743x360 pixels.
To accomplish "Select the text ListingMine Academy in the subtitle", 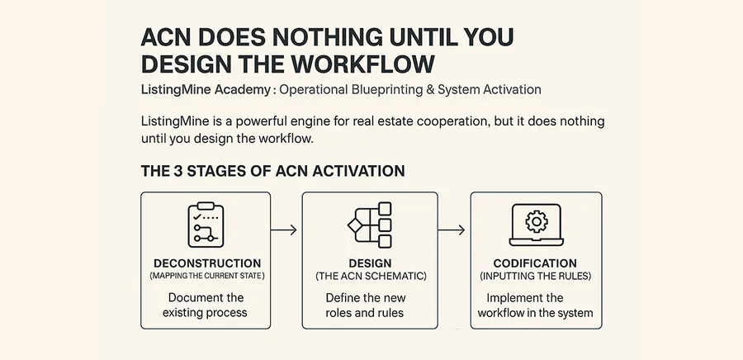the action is click(206, 89).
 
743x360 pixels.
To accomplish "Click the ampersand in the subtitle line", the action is click(430, 89).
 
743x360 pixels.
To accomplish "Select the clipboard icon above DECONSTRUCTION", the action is click(206, 225).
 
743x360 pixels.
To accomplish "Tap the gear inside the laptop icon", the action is click(537, 221).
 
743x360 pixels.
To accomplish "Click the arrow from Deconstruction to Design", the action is click(284, 230).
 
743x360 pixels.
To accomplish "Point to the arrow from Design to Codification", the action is click(452, 230).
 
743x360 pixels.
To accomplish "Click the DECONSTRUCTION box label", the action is click(207, 263).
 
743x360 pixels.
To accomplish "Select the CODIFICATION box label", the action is click(535, 263).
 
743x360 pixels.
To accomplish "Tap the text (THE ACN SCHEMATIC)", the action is click(371, 276).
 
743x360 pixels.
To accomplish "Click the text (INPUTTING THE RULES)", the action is click(536, 276).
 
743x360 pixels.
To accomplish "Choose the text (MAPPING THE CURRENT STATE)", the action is click(207, 276).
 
